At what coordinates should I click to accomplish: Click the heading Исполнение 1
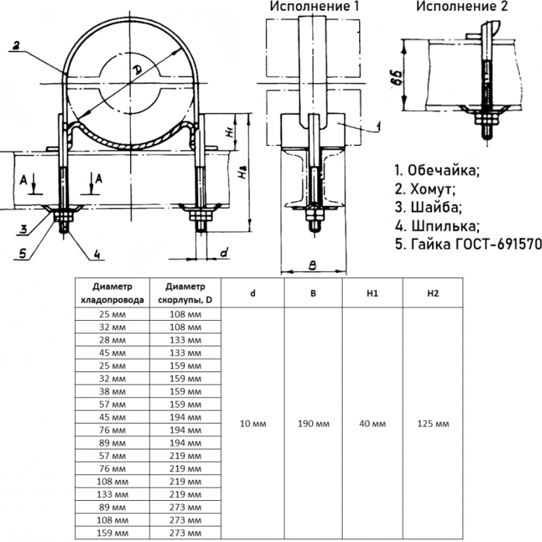[314, 7]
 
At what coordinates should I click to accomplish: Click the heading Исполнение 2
[462, 7]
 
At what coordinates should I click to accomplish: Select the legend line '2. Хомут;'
[425, 189]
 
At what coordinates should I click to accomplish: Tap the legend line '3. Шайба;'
[429, 207]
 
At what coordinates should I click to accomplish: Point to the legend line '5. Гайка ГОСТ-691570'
[468, 244]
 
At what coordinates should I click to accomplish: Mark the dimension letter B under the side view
[312, 265]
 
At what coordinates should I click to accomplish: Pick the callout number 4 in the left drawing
[97, 255]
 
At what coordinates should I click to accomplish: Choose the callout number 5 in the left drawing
[22, 254]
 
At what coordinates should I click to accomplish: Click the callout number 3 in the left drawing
[23, 229]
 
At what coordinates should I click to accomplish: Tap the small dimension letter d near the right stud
[224, 253]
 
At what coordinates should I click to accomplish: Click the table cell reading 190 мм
[314, 423]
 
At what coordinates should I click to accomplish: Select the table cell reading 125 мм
[433, 423]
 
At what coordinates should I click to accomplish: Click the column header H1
[372, 293]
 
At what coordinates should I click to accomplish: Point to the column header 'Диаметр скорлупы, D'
[185, 293]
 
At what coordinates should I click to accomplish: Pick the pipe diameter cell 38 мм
[112, 391]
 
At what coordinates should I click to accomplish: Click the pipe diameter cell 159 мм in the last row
[112, 533]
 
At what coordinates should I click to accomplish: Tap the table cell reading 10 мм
[253, 423]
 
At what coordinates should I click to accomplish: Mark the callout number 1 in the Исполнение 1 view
[379, 126]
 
